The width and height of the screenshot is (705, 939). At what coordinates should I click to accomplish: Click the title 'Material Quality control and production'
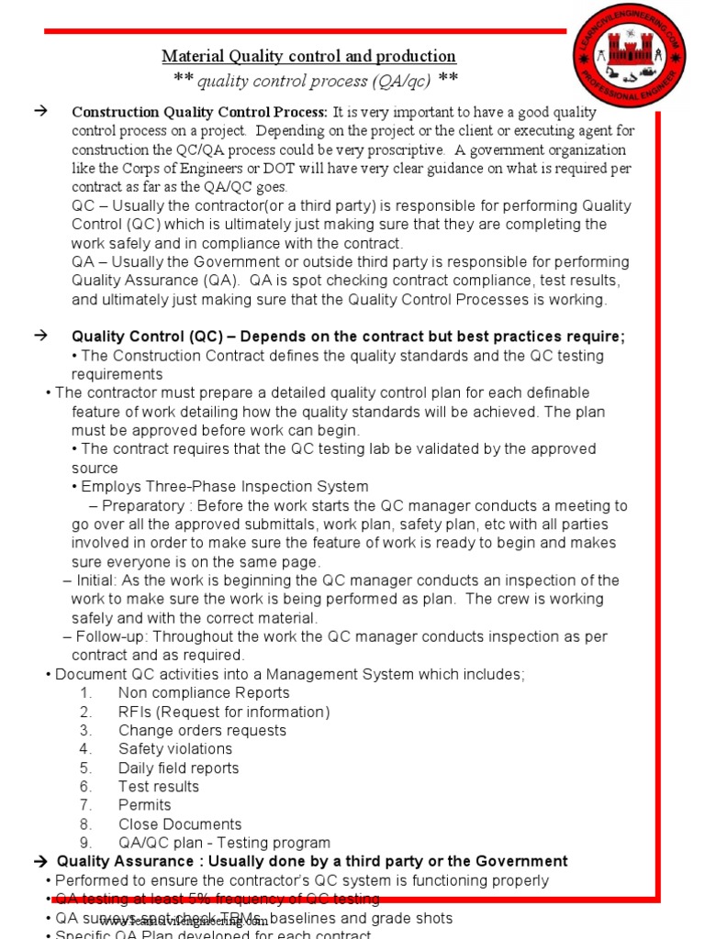pos(308,57)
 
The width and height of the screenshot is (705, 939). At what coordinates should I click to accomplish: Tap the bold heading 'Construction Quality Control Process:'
pos(199,113)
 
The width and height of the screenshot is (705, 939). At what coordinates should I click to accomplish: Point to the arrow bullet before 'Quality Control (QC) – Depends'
pos(40,337)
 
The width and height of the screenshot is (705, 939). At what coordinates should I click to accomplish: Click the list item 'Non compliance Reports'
pos(204,693)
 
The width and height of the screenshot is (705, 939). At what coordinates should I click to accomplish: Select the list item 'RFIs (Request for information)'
pos(224,712)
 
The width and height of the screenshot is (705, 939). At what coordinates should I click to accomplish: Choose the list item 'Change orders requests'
pos(202,731)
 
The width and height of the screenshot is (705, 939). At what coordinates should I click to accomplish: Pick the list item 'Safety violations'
pos(175,749)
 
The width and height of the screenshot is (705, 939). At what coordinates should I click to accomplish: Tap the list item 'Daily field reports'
pos(178,768)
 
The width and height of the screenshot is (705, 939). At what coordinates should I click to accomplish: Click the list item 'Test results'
pos(158,787)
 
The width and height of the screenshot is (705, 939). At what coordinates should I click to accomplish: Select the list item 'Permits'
pos(144,805)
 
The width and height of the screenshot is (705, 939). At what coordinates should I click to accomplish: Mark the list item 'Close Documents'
pos(180,824)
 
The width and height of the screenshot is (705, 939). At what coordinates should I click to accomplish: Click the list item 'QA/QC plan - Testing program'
pos(224,843)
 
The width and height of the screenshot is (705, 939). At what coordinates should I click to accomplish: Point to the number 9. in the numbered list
pos(85,843)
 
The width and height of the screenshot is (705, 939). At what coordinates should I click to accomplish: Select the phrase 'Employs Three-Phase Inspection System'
pos(224,487)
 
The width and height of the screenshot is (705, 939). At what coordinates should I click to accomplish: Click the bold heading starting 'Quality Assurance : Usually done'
pos(312,861)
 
